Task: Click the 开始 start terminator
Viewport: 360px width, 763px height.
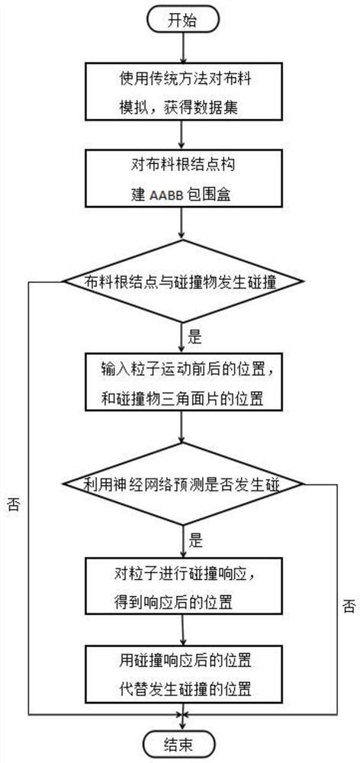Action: pos(181,21)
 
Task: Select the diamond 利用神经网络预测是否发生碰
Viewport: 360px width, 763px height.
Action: pos(183,482)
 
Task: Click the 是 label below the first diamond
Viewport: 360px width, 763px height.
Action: pos(195,334)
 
